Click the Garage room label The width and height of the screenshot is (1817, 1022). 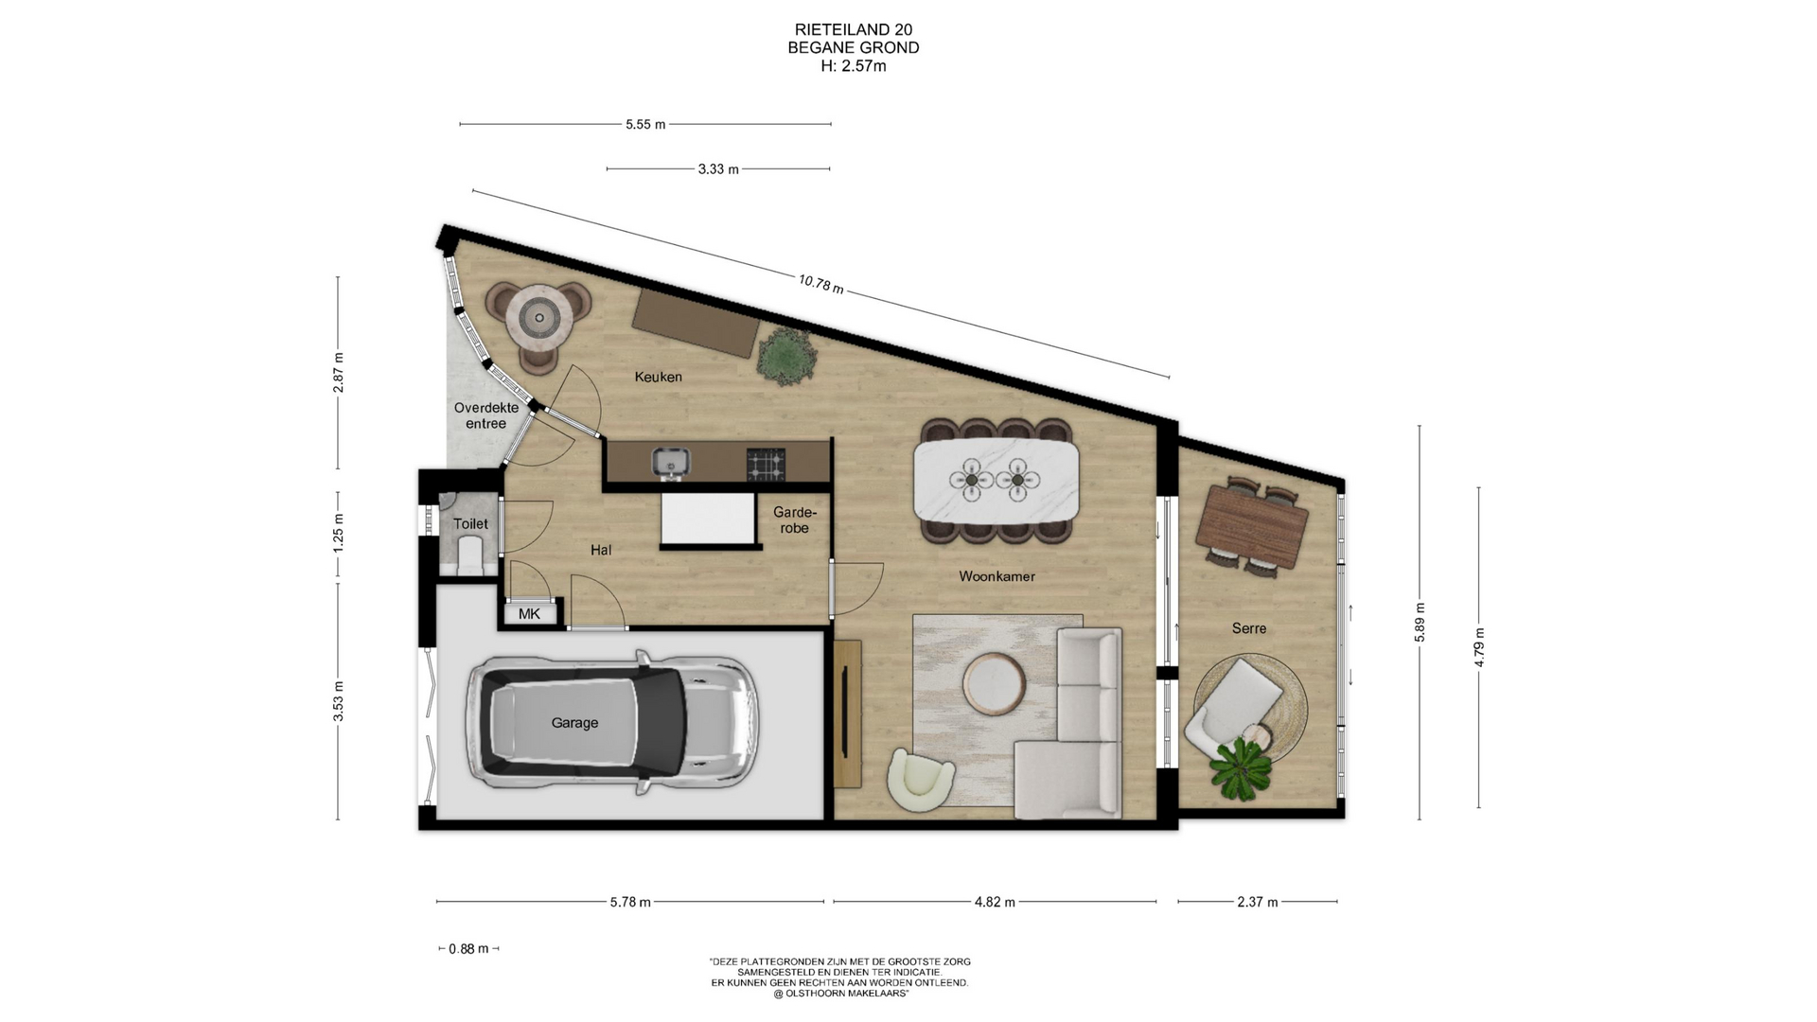point(574,723)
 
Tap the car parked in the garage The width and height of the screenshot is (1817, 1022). point(610,721)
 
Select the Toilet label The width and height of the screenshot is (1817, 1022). point(470,523)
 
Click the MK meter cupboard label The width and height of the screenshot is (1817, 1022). point(529,614)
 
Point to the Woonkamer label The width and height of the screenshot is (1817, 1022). point(997,576)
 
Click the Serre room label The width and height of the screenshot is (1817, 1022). point(1248,628)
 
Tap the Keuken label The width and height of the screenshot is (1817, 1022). point(658,377)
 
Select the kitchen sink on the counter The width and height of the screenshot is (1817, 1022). point(671,462)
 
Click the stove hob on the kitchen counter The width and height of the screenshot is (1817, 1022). point(766,463)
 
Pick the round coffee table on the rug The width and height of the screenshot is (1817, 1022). point(993,683)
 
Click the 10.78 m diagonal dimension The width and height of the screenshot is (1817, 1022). point(820,283)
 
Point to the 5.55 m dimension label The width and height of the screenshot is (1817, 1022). point(645,124)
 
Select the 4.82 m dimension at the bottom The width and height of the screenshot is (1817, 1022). point(995,902)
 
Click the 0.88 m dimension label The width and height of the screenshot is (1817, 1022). point(468,948)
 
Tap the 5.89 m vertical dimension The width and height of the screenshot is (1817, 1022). point(1420,622)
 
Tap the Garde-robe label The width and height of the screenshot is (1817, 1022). point(794,520)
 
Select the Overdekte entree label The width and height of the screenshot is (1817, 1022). point(485,415)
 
